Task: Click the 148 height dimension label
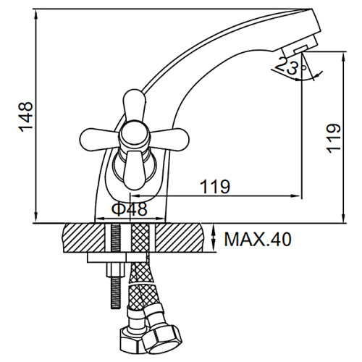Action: tap(25, 117)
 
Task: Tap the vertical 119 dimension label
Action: tap(334, 138)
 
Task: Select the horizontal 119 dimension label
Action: tap(215, 187)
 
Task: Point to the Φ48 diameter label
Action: tap(129, 209)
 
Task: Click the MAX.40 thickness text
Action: tap(258, 239)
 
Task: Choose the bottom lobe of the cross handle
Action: tap(135, 170)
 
